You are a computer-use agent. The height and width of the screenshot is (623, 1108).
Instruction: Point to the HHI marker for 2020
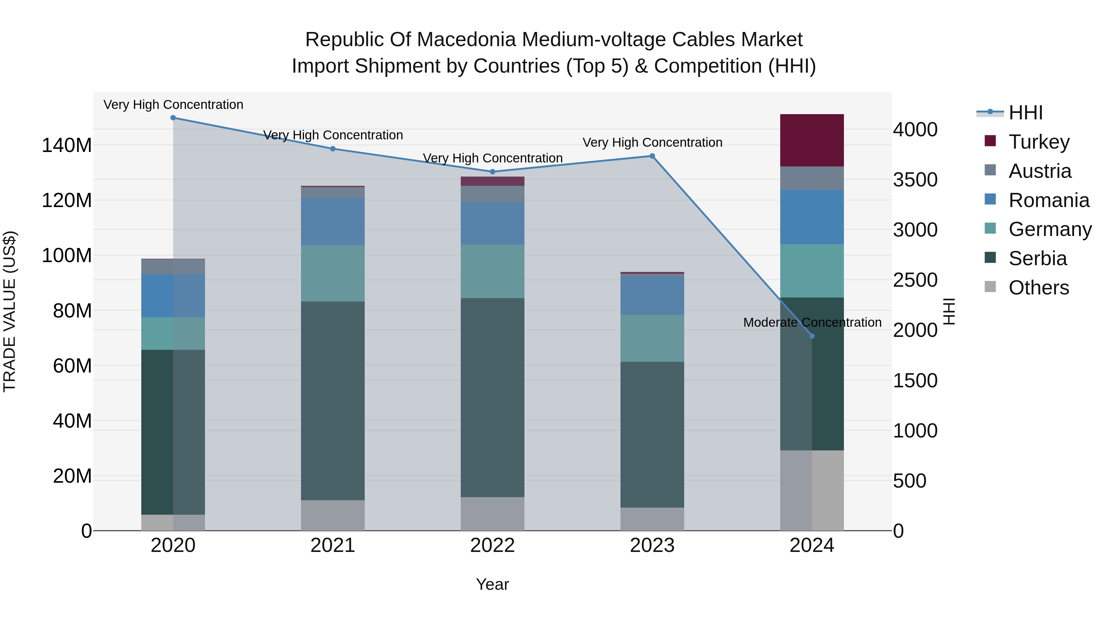click(173, 118)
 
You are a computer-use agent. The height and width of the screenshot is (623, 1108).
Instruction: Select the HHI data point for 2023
click(652, 156)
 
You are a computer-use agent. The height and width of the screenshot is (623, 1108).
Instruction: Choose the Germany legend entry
click(1050, 229)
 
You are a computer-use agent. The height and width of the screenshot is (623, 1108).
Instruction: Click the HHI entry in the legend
click(1026, 113)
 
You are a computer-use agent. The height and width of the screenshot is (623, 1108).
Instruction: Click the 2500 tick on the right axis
click(915, 280)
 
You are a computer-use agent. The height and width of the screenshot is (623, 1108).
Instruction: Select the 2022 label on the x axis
click(492, 545)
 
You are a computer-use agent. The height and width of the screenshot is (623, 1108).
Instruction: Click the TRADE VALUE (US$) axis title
click(10, 311)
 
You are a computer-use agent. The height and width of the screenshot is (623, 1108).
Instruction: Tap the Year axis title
click(492, 584)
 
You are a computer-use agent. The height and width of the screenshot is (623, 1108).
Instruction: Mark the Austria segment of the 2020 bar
click(173, 266)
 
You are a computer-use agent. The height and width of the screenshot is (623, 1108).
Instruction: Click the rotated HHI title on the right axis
click(949, 311)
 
